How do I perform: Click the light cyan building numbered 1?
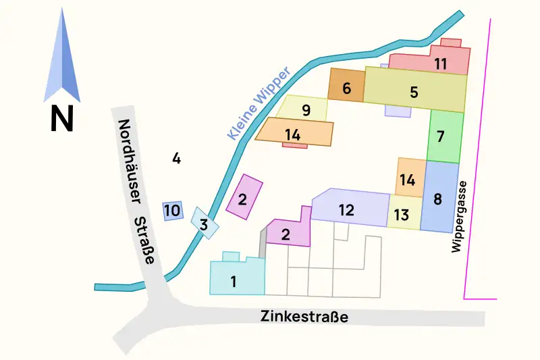[236, 278]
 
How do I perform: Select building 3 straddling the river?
[205, 224]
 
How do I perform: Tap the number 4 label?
[176, 159]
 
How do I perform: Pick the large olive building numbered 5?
[414, 93]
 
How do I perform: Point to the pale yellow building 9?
[306, 108]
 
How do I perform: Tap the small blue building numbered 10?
[172, 211]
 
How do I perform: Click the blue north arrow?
[61, 61]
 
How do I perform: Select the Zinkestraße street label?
[304, 316]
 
